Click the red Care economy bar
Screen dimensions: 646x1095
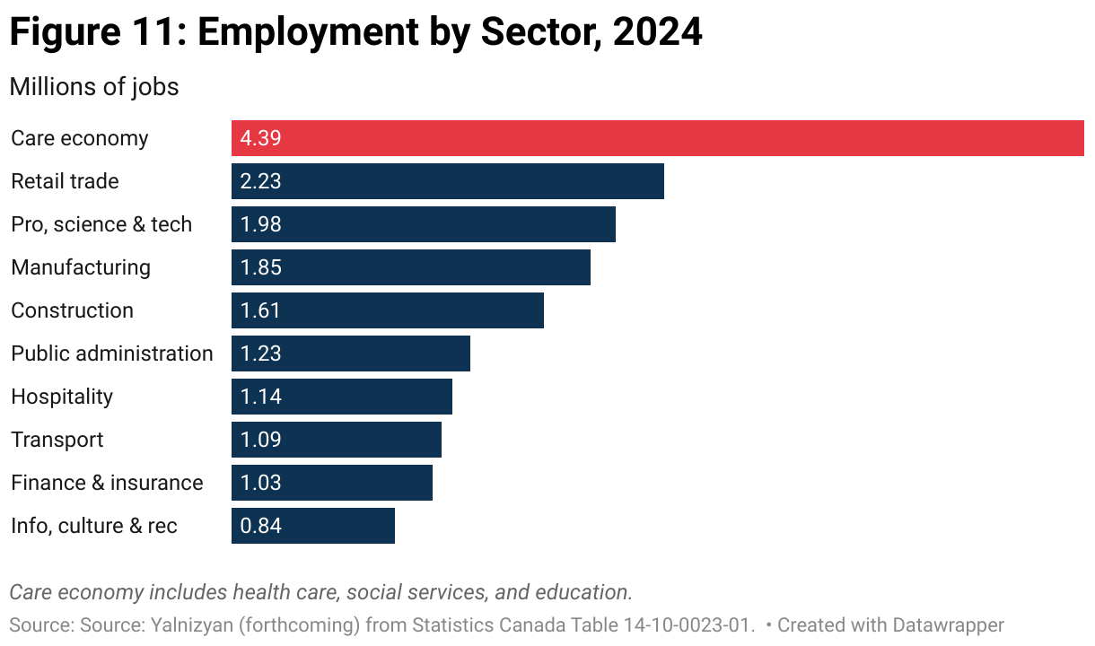coord(657,138)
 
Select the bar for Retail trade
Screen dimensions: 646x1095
coord(447,181)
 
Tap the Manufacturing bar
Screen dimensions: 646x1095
coord(410,267)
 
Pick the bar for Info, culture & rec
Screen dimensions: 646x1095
coord(312,526)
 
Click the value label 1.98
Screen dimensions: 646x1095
coord(260,224)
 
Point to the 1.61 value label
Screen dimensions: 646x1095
coord(260,310)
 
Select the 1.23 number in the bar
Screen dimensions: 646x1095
coord(260,354)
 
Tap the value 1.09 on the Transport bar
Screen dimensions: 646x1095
coord(260,440)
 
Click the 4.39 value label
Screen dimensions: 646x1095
coord(260,138)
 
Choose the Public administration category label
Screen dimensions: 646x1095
coord(112,354)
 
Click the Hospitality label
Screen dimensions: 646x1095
coord(62,397)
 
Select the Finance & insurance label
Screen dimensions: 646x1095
coord(107,483)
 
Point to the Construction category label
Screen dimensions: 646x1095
coord(72,310)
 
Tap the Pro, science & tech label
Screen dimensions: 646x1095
coord(101,224)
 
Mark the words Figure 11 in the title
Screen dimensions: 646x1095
coord(93,33)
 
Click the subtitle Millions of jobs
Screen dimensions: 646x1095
coord(94,87)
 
